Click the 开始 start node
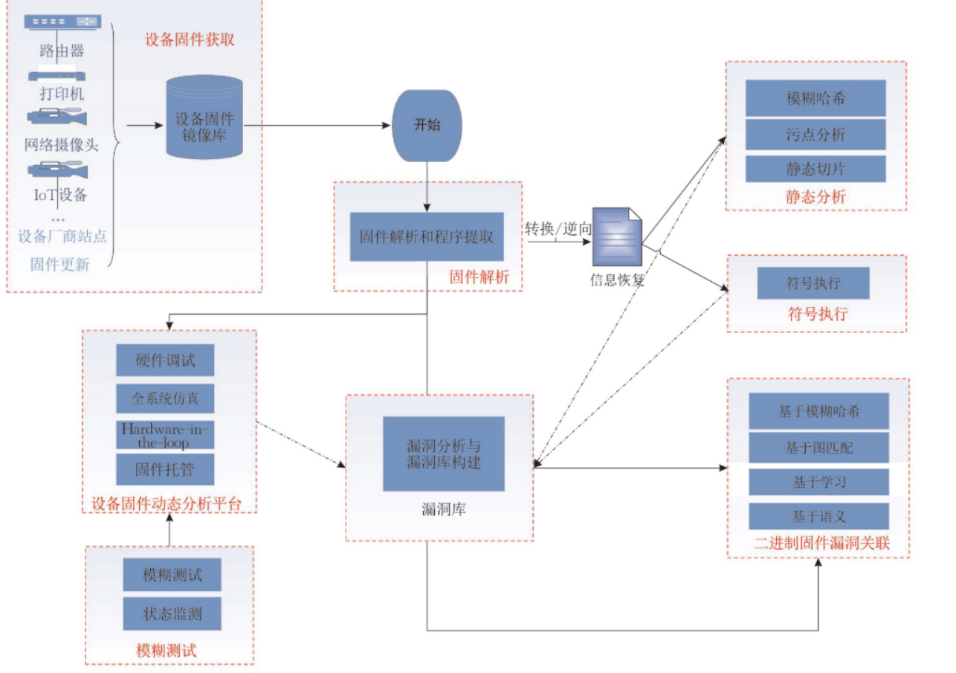427,125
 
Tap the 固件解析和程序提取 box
426,236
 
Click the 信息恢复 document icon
617,236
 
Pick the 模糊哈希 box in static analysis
815,98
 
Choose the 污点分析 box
815,135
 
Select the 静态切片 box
815,170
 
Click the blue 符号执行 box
813,283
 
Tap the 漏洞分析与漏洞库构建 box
444,454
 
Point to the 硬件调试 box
165,361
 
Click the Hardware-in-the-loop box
165,435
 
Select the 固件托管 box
165,469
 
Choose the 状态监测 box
172,614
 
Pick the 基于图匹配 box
818,448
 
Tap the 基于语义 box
818,516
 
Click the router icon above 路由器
62,22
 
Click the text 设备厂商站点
62,237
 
